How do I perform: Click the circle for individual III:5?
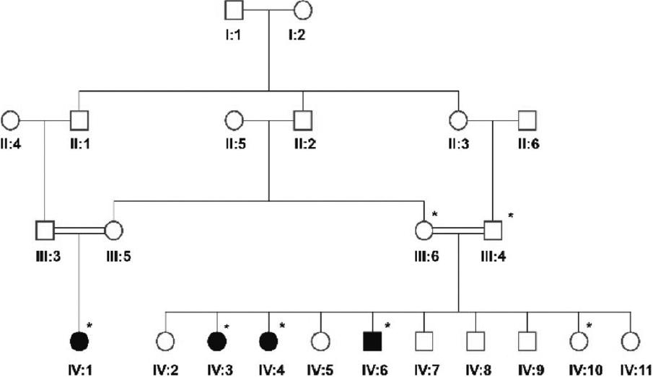click(x=113, y=231)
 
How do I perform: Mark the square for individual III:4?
click(x=494, y=231)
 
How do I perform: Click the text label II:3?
click(x=457, y=143)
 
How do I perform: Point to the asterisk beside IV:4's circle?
click(x=282, y=326)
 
